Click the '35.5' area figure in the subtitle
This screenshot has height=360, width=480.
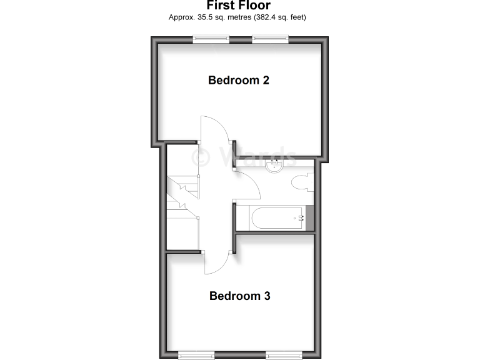(x=201, y=17)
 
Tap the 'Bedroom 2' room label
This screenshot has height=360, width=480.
(x=238, y=80)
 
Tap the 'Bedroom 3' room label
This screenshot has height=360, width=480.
(x=239, y=296)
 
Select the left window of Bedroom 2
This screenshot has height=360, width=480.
(x=211, y=39)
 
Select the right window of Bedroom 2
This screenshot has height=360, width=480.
(x=270, y=39)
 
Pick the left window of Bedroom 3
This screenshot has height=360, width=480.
(x=197, y=354)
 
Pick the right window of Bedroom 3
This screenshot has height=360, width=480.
(x=284, y=354)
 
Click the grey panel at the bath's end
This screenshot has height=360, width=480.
(x=309, y=217)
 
